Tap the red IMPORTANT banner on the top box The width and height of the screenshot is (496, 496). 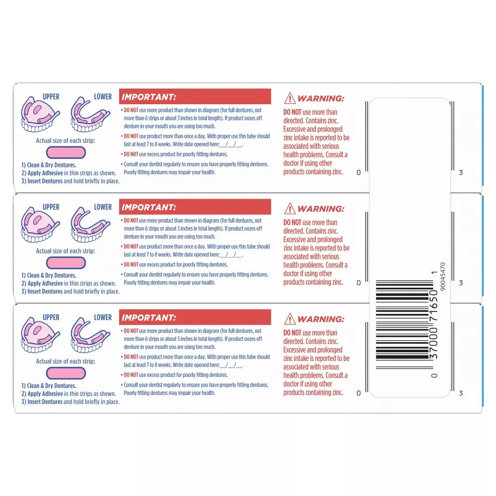pos(195,97)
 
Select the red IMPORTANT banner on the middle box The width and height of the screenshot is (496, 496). pos(195,207)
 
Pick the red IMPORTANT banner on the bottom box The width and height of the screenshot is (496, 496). pos(195,317)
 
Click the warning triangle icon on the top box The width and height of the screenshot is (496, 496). pos(290,99)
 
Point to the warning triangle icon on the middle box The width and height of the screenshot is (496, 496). pos(290,209)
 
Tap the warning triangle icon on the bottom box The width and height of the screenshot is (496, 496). pos(290,319)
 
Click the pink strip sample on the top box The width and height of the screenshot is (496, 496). pos(65,152)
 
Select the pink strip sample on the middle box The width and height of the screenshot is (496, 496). pos(65,263)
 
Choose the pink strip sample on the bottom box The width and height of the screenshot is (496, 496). pos(65,373)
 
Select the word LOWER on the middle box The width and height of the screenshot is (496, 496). pos(103,207)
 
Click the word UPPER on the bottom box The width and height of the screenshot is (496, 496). pos(51,317)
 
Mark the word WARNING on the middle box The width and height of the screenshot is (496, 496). pos(320,209)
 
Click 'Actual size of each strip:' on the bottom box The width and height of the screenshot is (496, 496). pos(65,361)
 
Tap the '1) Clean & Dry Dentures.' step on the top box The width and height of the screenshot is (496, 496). pos(49,165)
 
